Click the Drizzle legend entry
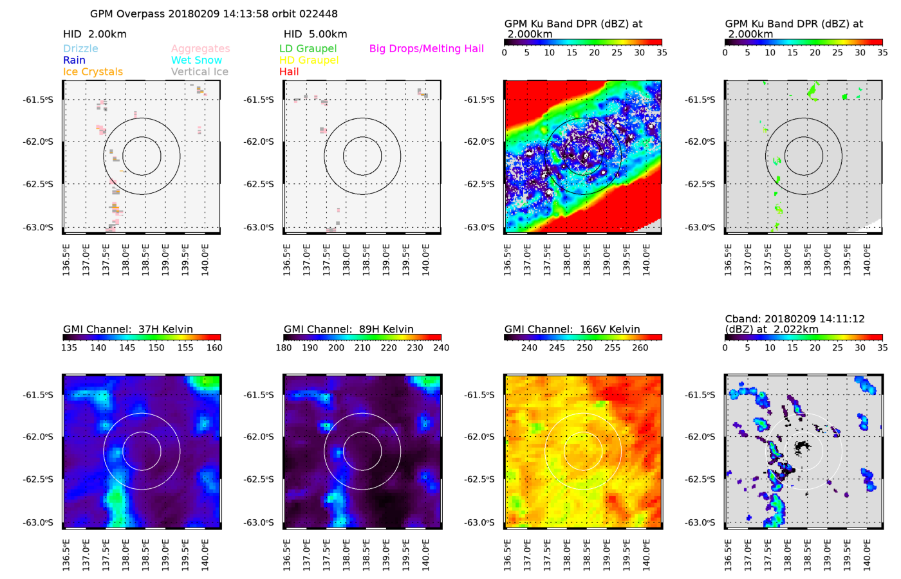tap(80, 49)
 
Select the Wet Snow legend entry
tap(196, 60)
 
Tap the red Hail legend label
tap(289, 72)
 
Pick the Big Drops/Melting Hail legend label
tap(426, 49)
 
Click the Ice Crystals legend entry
tap(93, 72)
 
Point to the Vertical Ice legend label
tap(200, 72)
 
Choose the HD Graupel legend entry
tap(309, 60)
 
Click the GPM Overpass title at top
tap(214, 14)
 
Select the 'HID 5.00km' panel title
tap(315, 34)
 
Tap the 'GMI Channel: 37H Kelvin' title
tap(128, 329)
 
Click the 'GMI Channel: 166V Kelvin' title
tap(572, 329)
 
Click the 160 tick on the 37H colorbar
tap(214, 348)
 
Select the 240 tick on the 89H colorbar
tap(441, 348)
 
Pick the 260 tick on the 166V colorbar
tap(640, 348)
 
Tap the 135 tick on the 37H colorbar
tap(69, 348)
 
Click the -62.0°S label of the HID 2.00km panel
tap(40, 142)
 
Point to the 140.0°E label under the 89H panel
tap(425, 555)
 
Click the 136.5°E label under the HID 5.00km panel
tap(287, 260)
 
